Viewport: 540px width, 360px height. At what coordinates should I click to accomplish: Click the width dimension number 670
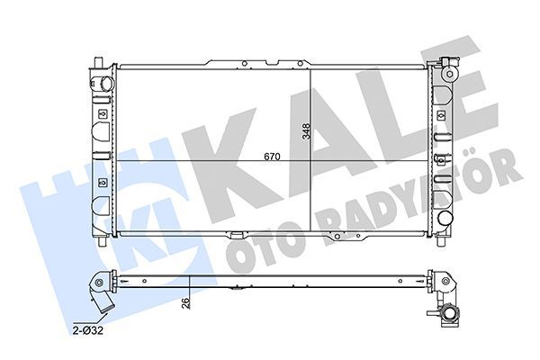(x=274, y=156)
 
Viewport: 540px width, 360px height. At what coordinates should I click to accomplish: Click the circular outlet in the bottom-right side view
(x=449, y=315)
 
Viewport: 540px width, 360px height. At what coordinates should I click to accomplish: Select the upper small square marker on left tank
(x=104, y=115)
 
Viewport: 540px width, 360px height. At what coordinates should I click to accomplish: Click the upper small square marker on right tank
(x=439, y=115)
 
